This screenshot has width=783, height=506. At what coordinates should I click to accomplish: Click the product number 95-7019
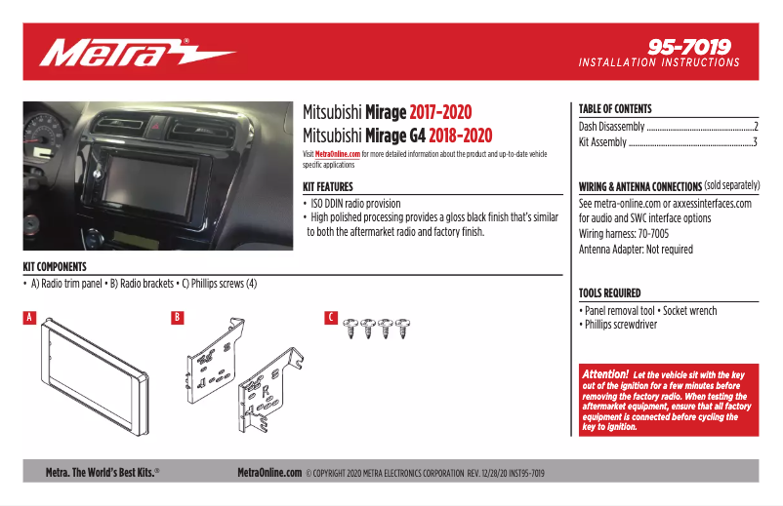coord(689,46)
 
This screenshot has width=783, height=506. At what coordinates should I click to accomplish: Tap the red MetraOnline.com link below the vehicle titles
coord(337,154)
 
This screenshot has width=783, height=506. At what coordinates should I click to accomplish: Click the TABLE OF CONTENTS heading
coord(615,109)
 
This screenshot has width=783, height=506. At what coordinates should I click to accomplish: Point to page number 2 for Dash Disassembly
coord(756,127)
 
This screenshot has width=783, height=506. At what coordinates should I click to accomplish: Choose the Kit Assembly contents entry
coord(603,142)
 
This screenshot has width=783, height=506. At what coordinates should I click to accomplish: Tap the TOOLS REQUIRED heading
coord(609,292)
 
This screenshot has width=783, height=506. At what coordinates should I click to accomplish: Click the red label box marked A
coord(29,317)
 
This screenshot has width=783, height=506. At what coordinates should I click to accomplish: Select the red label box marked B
coord(177,317)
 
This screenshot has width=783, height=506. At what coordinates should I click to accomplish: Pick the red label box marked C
coord(331,317)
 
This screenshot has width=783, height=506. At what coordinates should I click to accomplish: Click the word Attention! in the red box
coord(605,374)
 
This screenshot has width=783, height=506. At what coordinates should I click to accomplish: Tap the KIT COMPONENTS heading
coord(55,267)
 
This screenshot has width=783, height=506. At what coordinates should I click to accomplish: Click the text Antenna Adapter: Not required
coord(636,250)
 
